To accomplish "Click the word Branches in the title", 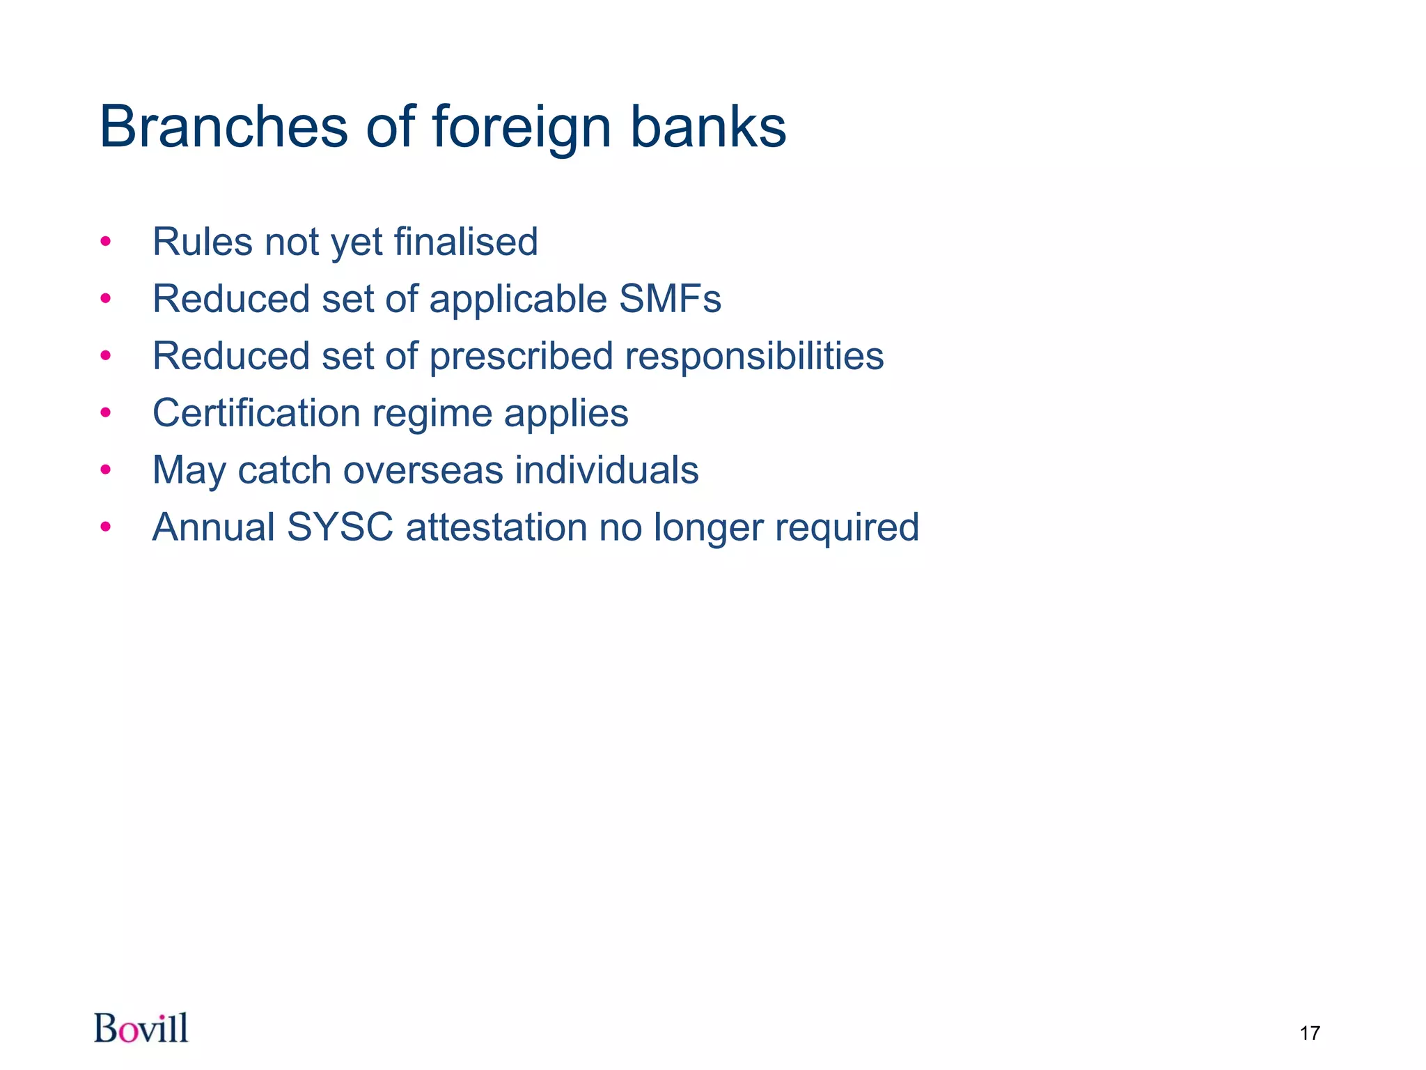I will [x=224, y=127].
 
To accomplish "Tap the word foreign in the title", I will [x=522, y=128].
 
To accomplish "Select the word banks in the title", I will [x=707, y=127].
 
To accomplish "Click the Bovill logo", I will [x=141, y=1028].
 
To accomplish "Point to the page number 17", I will [x=1309, y=1032].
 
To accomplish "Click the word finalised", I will [x=466, y=242].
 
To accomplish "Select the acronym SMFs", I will [x=670, y=299].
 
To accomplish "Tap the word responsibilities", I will [x=754, y=356].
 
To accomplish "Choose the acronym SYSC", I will [x=340, y=527].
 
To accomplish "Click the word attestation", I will [x=496, y=527].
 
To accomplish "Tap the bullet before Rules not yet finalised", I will [x=106, y=242].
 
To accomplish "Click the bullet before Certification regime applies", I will [x=106, y=413].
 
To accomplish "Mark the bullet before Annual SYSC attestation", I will [x=106, y=527].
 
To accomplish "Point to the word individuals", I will [x=606, y=470].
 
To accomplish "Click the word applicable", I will [x=518, y=300].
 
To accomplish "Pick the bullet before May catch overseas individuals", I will [x=106, y=470].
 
